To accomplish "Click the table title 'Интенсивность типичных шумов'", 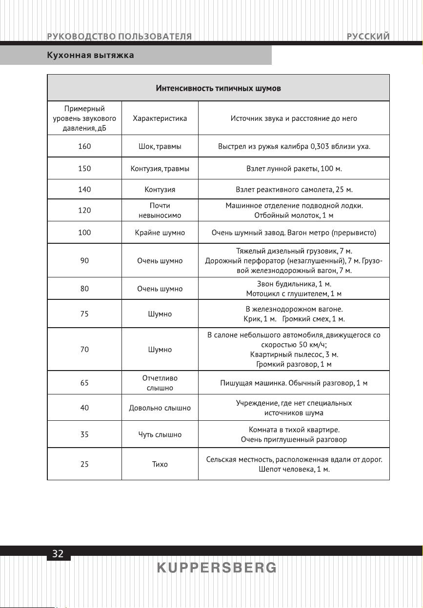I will pos(218,88).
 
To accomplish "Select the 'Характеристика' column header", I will pos(160,118).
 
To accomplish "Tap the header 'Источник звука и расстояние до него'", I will pos(294,118).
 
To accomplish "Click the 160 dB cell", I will pos(84,146).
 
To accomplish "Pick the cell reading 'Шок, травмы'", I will pos(160,146).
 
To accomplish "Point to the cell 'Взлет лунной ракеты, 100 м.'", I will pos(294,169).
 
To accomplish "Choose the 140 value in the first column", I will pos(84,190).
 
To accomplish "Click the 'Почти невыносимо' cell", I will pos(160,210).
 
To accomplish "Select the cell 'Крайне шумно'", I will pos(160,233).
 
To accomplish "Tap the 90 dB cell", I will pos(84,261).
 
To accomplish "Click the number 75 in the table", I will pos(84,314).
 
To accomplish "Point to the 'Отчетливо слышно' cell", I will pos(160,383).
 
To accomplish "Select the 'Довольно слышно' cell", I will pos(160,408).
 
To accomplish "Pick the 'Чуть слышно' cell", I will pos(160,434).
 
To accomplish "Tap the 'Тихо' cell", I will pos(160,464).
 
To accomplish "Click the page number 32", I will pos(58,553).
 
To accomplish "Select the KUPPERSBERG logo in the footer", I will pos(217,568).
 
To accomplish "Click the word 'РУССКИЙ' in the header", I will pos(368,37).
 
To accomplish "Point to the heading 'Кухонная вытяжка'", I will pos(90,55).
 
